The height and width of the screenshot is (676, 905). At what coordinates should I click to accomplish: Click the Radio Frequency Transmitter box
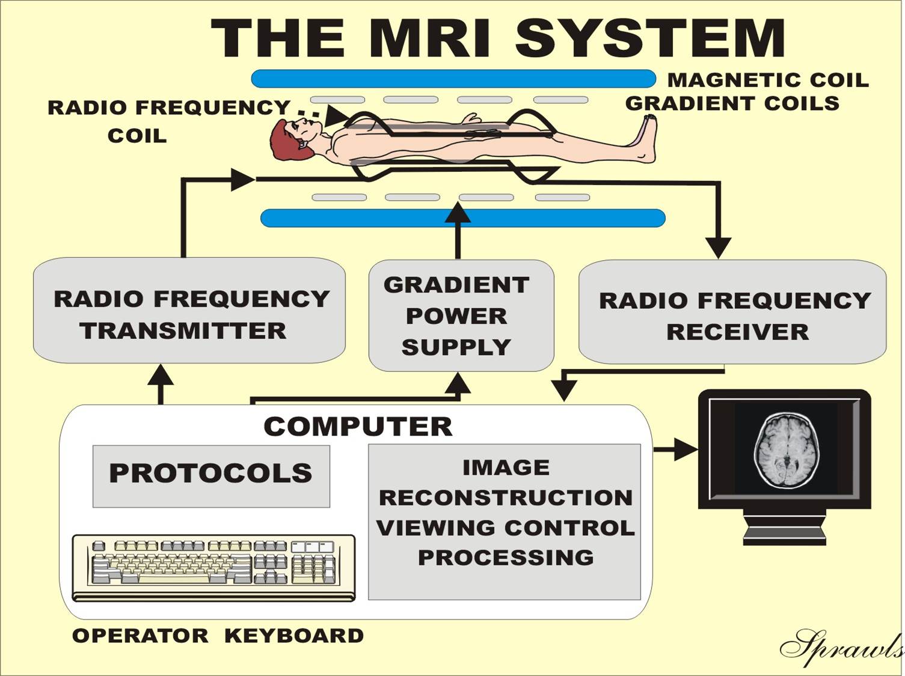(x=189, y=311)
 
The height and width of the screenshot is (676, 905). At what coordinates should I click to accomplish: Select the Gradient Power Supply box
(x=461, y=315)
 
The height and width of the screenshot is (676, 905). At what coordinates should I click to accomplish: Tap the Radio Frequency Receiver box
(x=732, y=312)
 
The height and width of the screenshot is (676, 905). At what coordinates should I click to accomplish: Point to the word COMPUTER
(x=358, y=427)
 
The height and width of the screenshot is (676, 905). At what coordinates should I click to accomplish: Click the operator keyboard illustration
(x=213, y=567)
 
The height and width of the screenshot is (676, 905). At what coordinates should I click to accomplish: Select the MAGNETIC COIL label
(x=768, y=80)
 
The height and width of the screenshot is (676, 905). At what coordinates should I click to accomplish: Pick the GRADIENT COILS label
(x=732, y=103)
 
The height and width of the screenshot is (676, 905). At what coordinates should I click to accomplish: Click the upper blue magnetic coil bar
(x=453, y=79)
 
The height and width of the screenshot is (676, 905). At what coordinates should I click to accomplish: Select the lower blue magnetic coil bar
(x=462, y=218)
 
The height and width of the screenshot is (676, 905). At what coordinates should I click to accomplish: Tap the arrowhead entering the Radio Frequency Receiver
(x=718, y=247)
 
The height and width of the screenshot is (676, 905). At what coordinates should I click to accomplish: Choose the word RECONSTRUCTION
(x=506, y=498)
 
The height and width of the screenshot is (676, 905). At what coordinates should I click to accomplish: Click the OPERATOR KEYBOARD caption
(x=218, y=636)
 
